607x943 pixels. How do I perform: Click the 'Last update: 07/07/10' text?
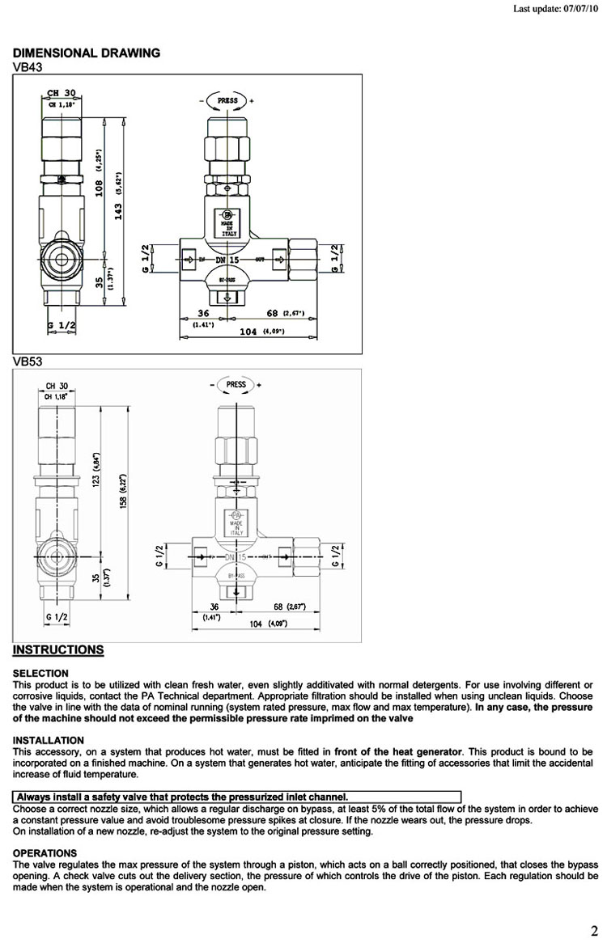tap(558, 11)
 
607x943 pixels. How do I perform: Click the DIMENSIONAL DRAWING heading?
tap(87, 53)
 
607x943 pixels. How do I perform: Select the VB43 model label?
tap(28, 66)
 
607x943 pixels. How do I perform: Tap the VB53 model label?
tap(28, 362)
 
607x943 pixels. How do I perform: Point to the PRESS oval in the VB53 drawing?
tap(236, 384)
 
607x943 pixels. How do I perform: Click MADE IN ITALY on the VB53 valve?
tap(236, 528)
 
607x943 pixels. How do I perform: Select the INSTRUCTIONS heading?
tap(58, 649)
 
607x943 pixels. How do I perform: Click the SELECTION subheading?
tap(40, 673)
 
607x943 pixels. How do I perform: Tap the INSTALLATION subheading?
tap(49, 740)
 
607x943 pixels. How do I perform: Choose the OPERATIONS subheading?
tap(45, 852)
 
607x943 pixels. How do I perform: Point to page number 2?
tap(593, 929)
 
